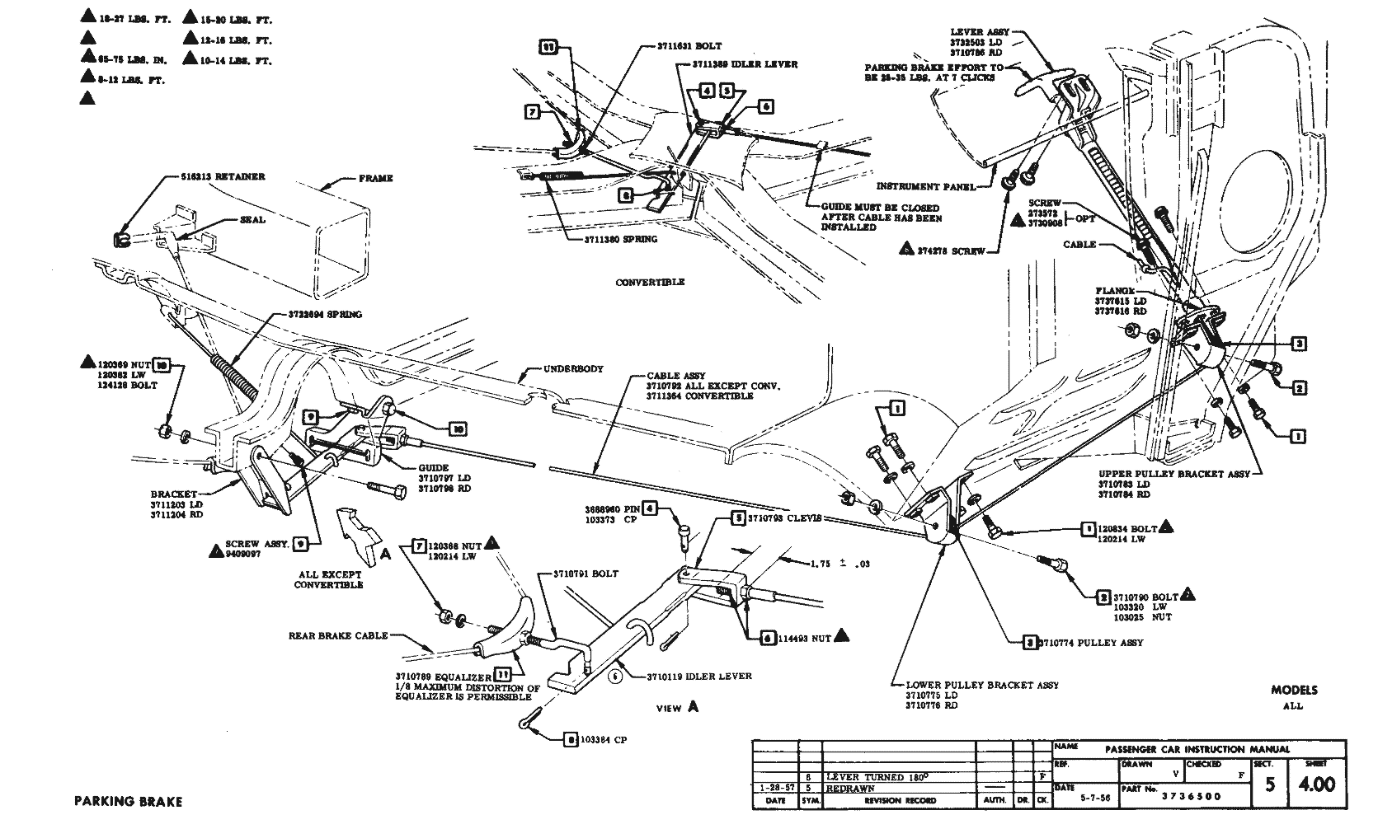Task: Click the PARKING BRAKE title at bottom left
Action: (128, 801)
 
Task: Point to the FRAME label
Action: (376, 178)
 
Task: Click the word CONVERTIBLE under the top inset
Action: (650, 282)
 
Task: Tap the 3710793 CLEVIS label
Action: (784, 518)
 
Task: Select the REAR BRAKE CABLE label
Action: (337, 636)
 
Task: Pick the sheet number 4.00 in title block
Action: (1317, 784)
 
